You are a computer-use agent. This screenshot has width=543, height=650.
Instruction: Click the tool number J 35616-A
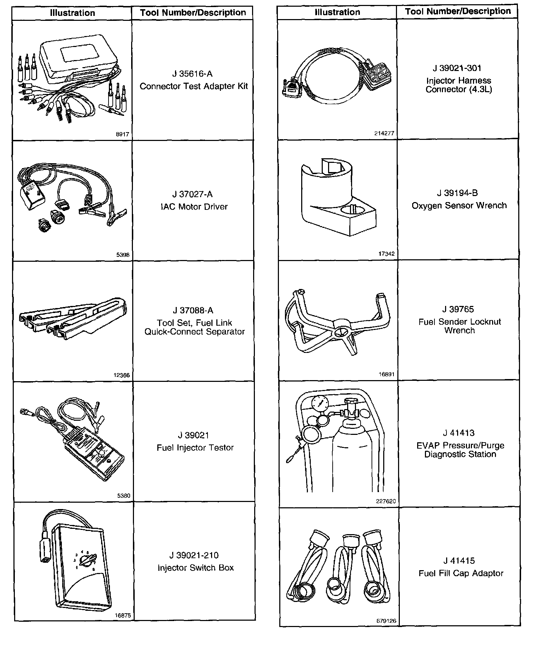coord(192,74)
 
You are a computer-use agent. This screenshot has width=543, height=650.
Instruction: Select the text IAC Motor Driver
coord(194,207)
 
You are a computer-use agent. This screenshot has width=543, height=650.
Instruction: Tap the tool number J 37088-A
coord(193,311)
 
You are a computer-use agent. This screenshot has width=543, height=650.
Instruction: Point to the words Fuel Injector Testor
coord(195,448)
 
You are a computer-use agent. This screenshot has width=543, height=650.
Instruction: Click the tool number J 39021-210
coord(194,555)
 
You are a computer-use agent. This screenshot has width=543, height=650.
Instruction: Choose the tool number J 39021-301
coord(457,68)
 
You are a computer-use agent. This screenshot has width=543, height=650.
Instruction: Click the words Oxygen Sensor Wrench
coord(459,206)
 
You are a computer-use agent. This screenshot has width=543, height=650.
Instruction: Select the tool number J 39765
coord(458,309)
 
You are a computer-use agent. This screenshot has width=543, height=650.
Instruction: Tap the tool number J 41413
coord(459,433)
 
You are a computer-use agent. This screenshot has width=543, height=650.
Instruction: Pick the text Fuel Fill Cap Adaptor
coord(461,573)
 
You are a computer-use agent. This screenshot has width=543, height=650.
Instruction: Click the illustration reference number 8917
coord(122,135)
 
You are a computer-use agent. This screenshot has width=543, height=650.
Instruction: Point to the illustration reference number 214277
coord(384,134)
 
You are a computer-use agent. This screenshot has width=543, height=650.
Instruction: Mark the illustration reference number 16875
coord(123,615)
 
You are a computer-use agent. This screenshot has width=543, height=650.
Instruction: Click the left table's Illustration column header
coord(72,13)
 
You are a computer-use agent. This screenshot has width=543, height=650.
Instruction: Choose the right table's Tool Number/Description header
coord(458,11)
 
